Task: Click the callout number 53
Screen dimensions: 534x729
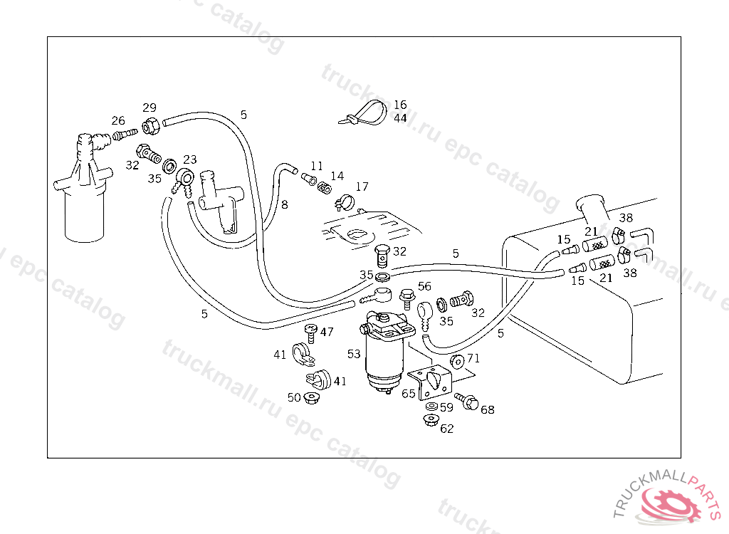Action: tap(354, 354)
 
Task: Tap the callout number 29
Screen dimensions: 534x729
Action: tap(149, 108)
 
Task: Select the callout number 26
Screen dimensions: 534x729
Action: tap(118, 120)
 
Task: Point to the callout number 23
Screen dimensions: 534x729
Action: tap(190, 159)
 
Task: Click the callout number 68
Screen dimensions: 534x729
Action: tap(488, 409)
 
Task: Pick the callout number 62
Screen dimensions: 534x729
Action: tap(446, 429)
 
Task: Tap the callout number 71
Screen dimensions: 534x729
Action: tap(473, 358)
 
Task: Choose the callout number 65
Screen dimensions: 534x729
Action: tap(409, 392)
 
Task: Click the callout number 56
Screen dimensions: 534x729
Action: tap(424, 286)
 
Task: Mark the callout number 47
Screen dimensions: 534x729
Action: tap(327, 332)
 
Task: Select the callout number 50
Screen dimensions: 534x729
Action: tap(294, 397)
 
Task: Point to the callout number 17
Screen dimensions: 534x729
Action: tap(362, 187)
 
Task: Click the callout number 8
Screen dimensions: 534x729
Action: tap(284, 205)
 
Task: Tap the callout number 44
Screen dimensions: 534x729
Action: tap(400, 118)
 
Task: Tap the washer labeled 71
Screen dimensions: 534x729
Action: tap(458, 361)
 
